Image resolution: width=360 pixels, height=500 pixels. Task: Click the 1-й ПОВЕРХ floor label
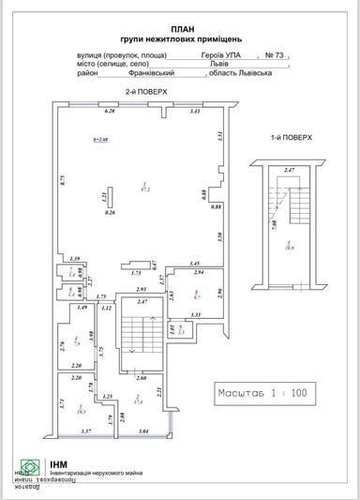[291, 137]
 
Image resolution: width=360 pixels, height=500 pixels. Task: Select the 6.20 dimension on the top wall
[109, 111]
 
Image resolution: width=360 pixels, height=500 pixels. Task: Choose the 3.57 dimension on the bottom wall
[85, 431]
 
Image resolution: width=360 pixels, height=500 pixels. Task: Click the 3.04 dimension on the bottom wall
[142, 431]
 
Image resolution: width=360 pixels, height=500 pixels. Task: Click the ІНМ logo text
[59, 462]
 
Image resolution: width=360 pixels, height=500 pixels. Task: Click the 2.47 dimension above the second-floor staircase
[142, 301]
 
